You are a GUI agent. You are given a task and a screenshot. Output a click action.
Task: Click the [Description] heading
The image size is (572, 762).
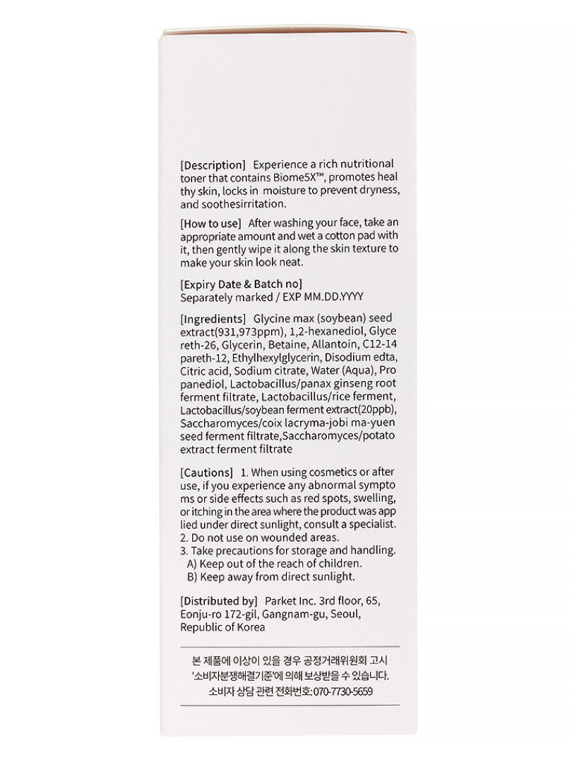(x=213, y=164)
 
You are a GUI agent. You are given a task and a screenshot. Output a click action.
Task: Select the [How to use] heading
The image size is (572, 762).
(x=210, y=223)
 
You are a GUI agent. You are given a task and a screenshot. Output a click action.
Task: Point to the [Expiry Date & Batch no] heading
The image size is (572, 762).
(x=242, y=284)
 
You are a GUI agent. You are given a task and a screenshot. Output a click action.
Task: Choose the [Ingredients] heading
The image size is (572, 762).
(x=213, y=317)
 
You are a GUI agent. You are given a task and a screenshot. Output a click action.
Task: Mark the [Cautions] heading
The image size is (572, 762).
(x=206, y=471)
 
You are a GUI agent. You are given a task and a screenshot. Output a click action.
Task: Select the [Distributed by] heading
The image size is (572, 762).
(x=218, y=601)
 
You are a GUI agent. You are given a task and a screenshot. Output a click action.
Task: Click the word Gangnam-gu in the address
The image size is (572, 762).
(x=292, y=615)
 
